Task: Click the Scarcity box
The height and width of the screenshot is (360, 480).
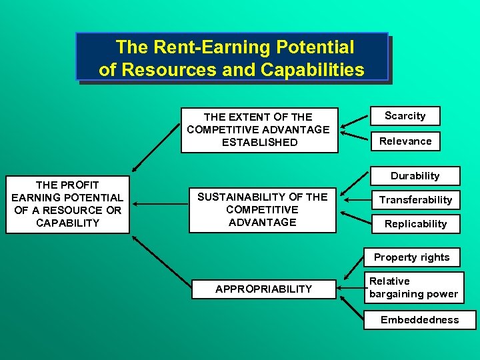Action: coord(405,116)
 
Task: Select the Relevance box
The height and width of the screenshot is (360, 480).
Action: coord(405,141)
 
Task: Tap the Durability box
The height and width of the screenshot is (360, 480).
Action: coord(415,176)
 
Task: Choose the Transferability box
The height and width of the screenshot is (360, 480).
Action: coord(415,200)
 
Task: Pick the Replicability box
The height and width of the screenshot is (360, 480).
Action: coord(415,223)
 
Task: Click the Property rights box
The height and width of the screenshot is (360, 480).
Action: coord(411,257)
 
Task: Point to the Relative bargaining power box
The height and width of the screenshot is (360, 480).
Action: coord(413,287)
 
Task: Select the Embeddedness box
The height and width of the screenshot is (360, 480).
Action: coord(419,320)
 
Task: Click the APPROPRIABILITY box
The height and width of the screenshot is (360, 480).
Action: coord(263,289)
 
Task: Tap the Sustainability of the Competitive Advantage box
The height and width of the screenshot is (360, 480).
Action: coord(262,209)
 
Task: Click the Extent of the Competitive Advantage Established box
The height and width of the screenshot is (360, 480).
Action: coord(258,129)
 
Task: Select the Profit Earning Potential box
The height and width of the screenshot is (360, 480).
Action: coord(67,203)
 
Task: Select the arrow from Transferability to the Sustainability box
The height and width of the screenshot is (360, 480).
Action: coord(355,200)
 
